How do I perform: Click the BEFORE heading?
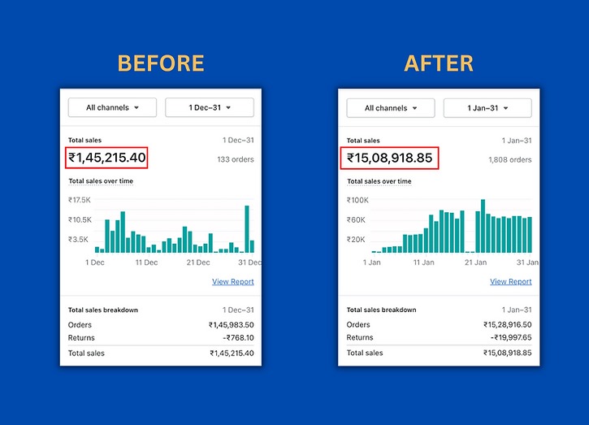pyautogui.click(x=161, y=63)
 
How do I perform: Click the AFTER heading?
pyautogui.click(x=439, y=63)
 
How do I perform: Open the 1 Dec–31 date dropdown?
pyautogui.click(x=210, y=107)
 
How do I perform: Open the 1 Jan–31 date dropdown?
pyautogui.click(x=487, y=108)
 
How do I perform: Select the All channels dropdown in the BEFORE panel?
pyautogui.click(x=112, y=107)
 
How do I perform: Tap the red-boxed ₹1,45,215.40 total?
pyautogui.click(x=106, y=158)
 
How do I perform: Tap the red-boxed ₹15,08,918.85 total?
pyautogui.click(x=389, y=158)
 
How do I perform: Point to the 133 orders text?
pyautogui.click(x=236, y=160)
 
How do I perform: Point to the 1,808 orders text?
pyautogui.click(x=510, y=160)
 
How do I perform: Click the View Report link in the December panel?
pyautogui.click(x=233, y=282)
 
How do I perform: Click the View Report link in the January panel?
pyautogui.click(x=511, y=282)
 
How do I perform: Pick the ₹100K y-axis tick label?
pyautogui.click(x=358, y=200)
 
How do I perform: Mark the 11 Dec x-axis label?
pyautogui.click(x=146, y=262)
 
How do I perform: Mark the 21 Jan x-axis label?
pyautogui.click(x=475, y=262)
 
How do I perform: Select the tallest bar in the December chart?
pyautogui.click(x=247, y=229)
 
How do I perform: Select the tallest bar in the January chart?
pyautogui.click(x=483, y=226)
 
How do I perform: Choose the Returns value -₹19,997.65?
pyautogui.click(x=509, y=338)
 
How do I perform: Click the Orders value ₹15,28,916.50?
pyautogui.click(x=507, y=325)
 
